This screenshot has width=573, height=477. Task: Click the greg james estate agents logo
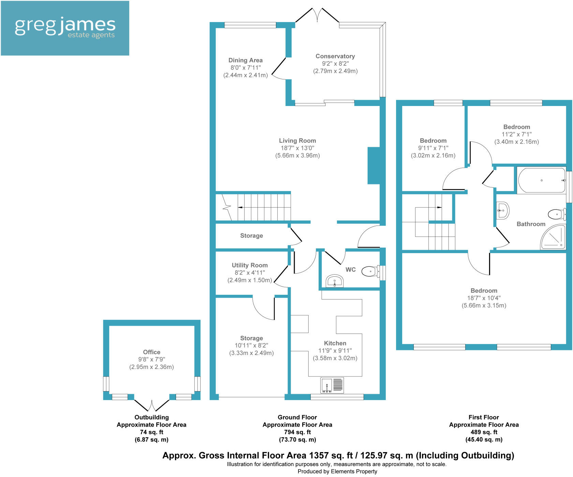[65, 28]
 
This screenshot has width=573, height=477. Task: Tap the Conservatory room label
[335, 56]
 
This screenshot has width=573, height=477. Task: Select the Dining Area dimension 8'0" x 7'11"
[245, 68]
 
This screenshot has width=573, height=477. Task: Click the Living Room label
[297, 141]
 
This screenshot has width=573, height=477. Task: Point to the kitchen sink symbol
[332, 385]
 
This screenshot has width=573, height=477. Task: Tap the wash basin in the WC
[335, 282]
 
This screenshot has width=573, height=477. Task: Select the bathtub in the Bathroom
[542, 180]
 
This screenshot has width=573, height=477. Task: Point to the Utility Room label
[250, 265]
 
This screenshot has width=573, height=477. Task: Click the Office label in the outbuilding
[151, 352]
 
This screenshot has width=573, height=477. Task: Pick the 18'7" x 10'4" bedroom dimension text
[484, 298]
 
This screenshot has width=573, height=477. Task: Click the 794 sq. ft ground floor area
[297, 432]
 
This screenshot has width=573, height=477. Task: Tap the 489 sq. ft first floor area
[484, 432]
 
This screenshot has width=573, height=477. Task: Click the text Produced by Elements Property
[337, 472]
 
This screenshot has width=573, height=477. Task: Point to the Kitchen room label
[335, 343]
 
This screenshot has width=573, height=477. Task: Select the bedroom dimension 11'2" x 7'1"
[516, 134]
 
